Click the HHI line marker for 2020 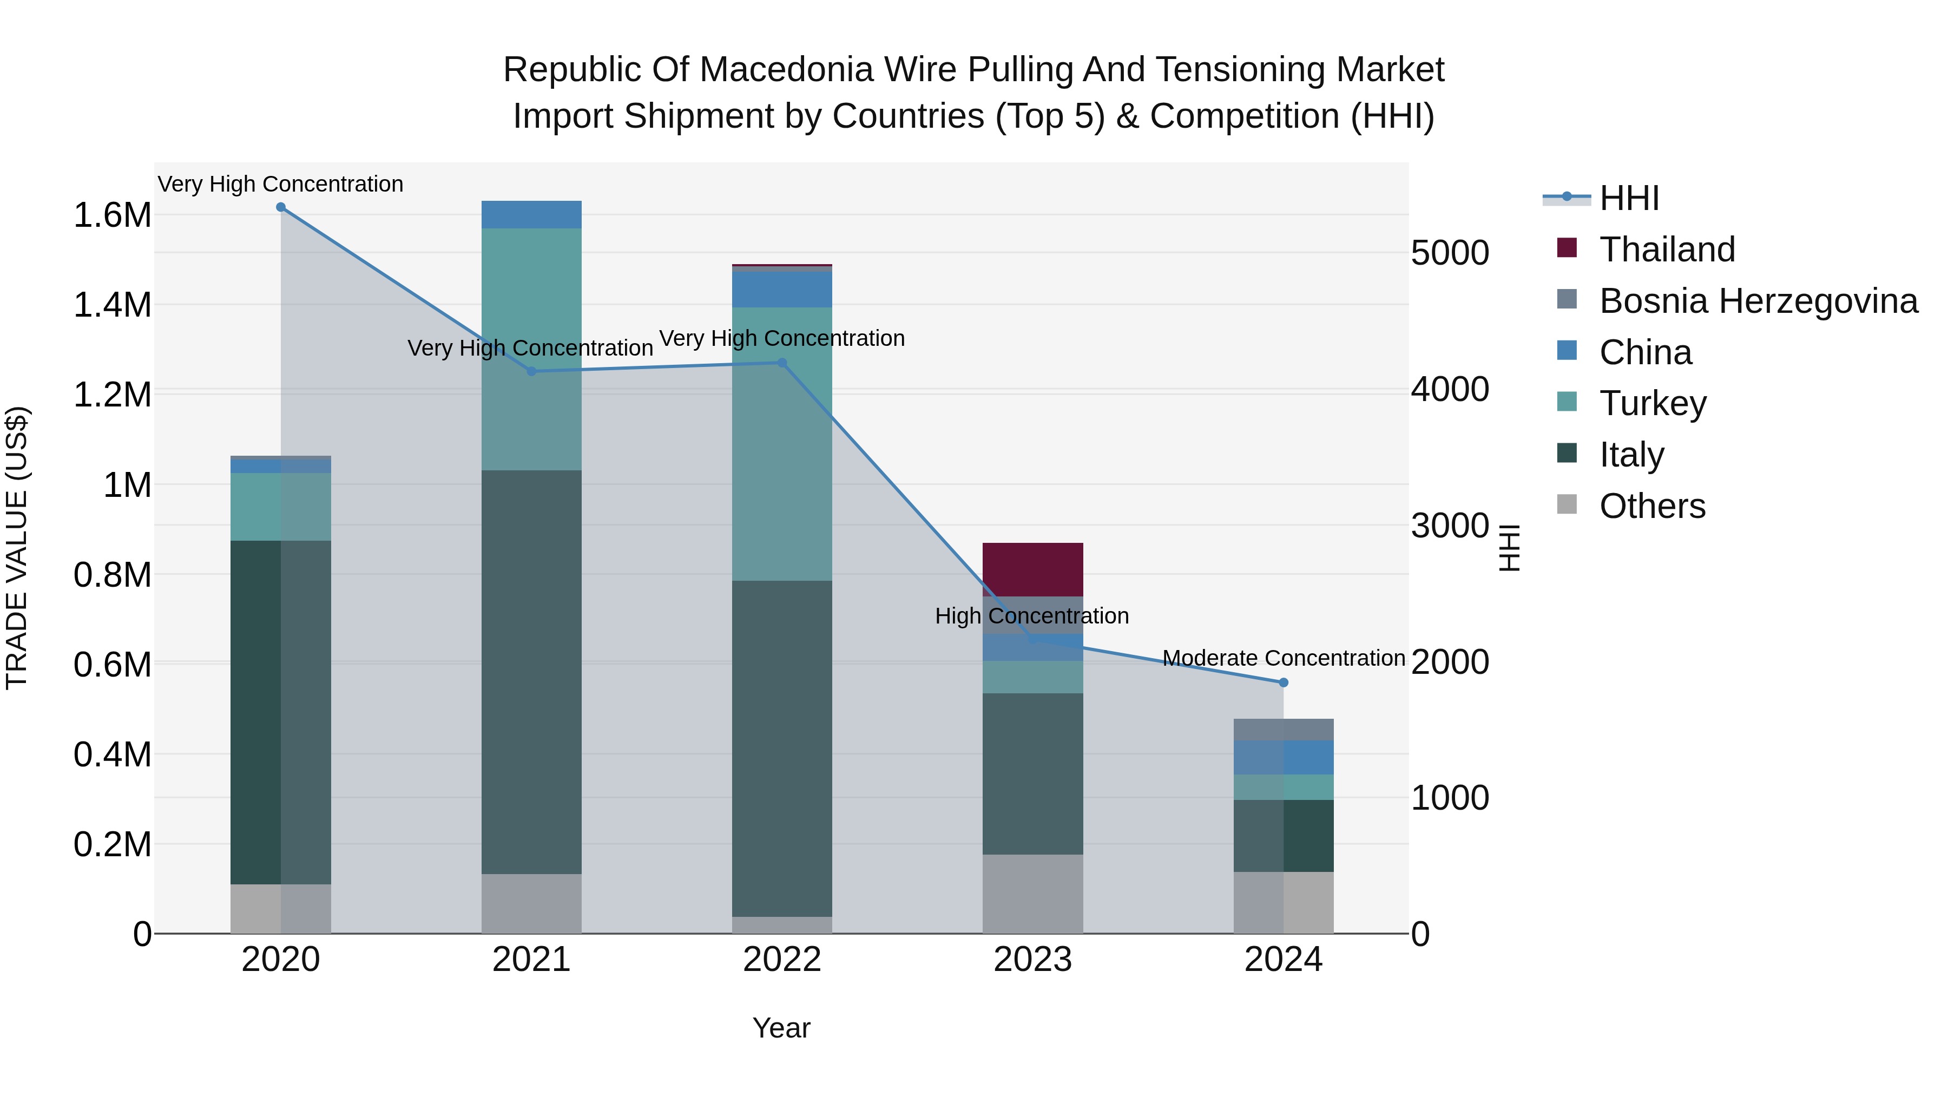click(280, 207)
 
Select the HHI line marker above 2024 click(1284, 682)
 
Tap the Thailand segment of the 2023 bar click(1032, 569)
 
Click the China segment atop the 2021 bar click(531, 215)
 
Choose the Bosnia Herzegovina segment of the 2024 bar click(1284, 730)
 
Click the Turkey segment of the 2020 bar click(280, 506)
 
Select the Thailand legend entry click(1667, 250)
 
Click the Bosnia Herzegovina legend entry click(1758, 301)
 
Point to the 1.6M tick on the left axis click(112, 215)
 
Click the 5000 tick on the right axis click(1450, 253)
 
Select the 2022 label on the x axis click(782, 960)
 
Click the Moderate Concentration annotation click(1284, 658)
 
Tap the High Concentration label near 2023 click(1031, 616)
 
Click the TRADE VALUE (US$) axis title click(17, 548)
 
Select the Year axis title click(781, 1028)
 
